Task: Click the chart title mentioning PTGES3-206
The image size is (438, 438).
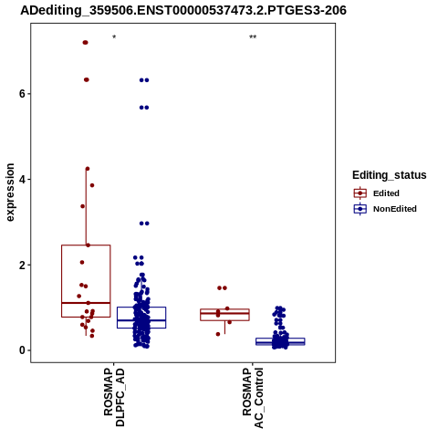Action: pos(183,10)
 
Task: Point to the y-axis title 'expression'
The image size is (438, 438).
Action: pos(10,193)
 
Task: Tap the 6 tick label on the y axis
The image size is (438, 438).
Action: pos(22,94)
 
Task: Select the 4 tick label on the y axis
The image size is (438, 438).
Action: pos(22,180)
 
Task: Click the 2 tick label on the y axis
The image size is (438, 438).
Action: pos(22,265)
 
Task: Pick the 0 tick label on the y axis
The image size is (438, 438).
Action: pos(22,350)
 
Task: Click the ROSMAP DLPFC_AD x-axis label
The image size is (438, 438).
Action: pos(114,397)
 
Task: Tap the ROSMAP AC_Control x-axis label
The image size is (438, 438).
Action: pos(253,398)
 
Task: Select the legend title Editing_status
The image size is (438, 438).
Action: pos(390,175)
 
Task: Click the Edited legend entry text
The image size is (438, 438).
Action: pos(386,193)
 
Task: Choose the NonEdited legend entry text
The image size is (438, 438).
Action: pos(395,209)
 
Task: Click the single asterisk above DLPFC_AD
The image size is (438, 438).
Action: pos(114,37)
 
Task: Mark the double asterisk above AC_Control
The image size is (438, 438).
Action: pos(253,37)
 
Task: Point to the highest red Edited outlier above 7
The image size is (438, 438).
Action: pos(86,43)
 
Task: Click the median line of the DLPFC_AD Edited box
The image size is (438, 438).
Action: pos(86,303)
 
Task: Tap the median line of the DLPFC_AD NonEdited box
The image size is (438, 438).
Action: pos(141,320)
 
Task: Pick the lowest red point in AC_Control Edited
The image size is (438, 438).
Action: pos(218,334)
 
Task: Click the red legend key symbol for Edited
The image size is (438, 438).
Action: pos(360,193)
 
